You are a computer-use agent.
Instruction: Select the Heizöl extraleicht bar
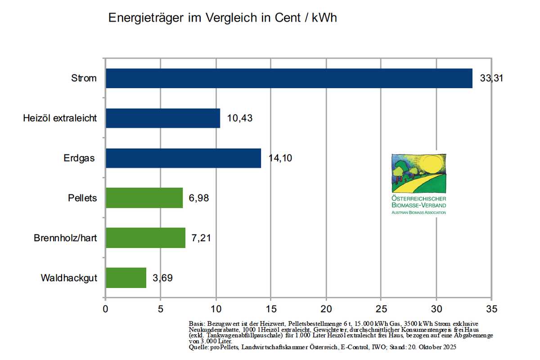163,118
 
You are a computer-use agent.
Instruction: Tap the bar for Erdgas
183,158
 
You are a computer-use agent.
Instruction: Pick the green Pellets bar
144,198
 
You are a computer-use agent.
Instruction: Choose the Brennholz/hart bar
145,238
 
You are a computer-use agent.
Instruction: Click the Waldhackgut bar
126,278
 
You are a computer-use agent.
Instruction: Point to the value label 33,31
491,78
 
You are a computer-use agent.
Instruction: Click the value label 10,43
240,118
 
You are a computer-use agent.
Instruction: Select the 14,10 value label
280,158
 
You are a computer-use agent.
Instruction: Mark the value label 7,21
201,238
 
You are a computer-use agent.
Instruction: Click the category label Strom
84,78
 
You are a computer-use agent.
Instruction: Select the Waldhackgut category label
68,278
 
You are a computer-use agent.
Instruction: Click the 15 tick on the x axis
271,309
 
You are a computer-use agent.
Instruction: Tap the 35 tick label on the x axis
492,309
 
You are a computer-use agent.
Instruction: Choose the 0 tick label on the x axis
105,309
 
